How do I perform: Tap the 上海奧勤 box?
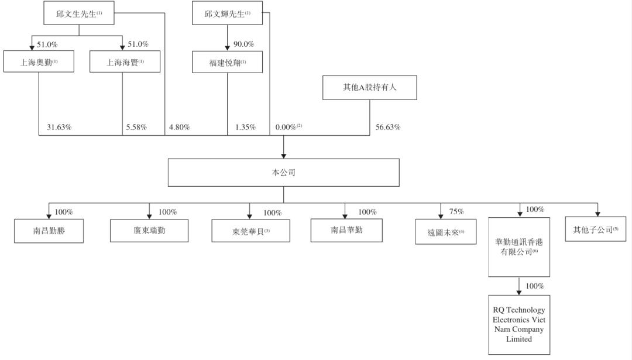[x=39, y=61]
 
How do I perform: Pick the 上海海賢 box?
[x=125, y=61]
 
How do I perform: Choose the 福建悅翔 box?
[x=227, y=62]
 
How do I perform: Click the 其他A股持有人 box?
[x=369, y=88]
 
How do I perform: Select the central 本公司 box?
[x=283, y=173]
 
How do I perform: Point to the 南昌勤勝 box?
[x=49, y=231]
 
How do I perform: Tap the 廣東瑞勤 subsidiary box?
[x=149, y=231]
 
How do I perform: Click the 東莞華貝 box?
[x=250, y=231]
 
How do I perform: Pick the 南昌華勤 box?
[x=346, y=230]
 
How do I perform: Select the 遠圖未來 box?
[x=445, y=232]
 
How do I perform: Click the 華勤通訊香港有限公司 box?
[x=519, y=246]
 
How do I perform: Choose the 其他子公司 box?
[x=595, y=230]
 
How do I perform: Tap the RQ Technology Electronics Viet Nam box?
[x=519, y=324]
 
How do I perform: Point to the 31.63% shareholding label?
[x=59, y=127]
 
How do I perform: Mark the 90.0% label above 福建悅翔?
[x=243, y=44]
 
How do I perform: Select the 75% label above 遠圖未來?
[x=456, y=212]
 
